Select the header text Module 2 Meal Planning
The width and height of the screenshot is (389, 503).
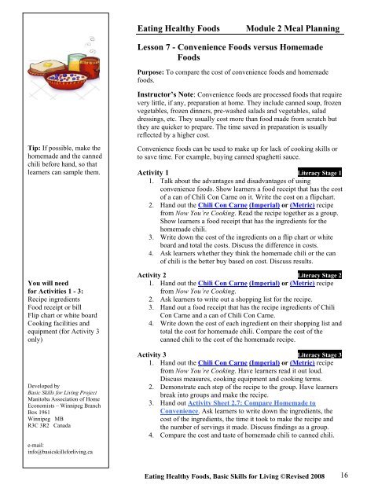pyautogui.click(x=293, y=29)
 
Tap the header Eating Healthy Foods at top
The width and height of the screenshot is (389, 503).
pyautogui.click(x=183, y=29)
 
